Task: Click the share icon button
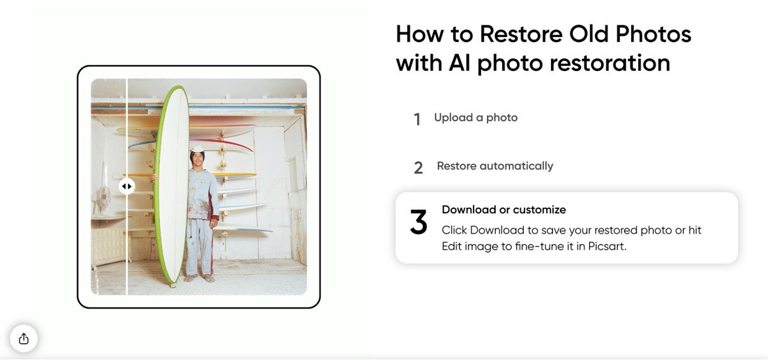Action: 24,339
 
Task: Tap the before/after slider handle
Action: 127,186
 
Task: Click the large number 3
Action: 419,222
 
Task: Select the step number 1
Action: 417,119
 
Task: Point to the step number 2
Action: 419,168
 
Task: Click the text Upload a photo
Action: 476,118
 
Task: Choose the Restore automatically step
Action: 495,166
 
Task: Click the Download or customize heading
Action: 504,209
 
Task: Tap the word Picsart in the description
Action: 607,246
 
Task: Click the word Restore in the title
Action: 521,34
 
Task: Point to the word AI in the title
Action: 460,63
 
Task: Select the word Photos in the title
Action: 654,34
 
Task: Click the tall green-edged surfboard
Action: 171,185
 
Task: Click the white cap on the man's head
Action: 198,149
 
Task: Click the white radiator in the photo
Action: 109,246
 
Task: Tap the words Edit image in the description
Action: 469,246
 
